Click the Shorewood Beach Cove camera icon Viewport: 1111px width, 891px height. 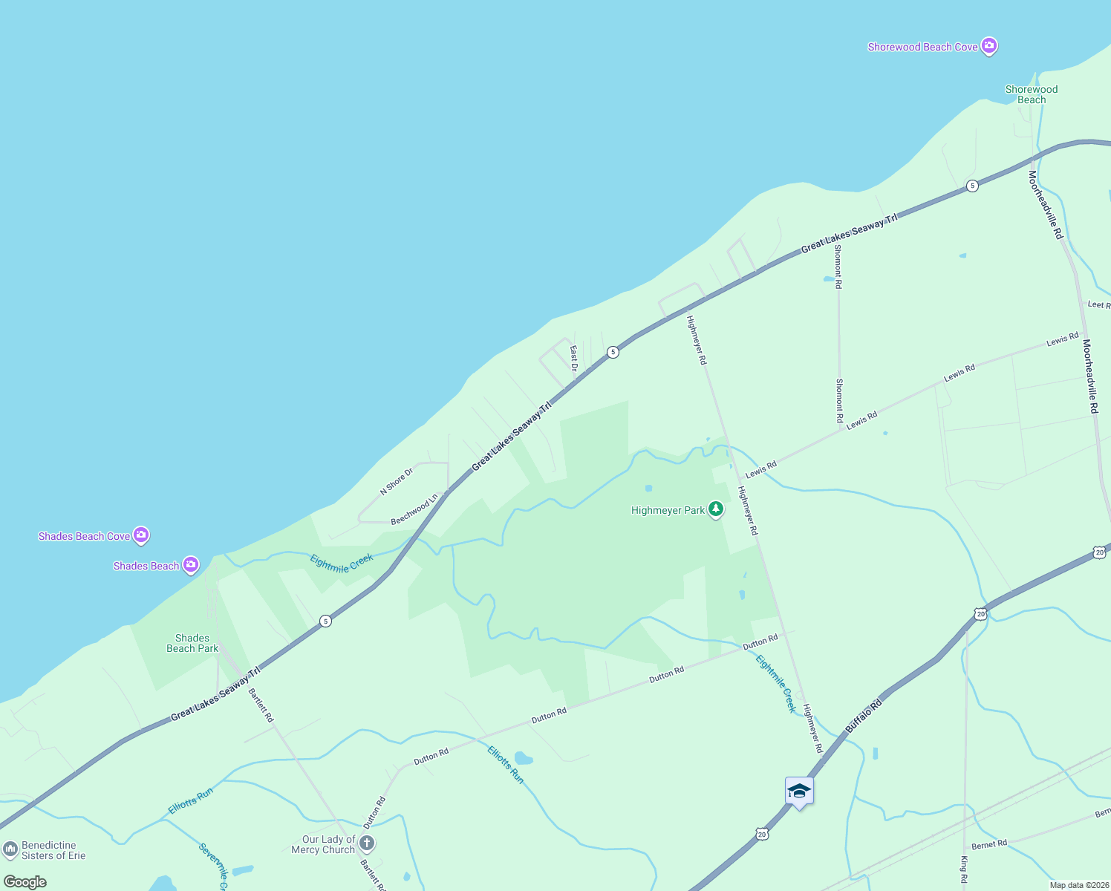pos(988,47)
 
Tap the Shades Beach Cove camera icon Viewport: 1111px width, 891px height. pos(141,535)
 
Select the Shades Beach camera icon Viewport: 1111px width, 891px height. pos(191,566)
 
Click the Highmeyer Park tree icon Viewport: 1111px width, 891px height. pos(715,509)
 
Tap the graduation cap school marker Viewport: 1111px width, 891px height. pos(799,791)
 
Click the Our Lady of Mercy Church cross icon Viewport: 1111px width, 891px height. pos(367,843)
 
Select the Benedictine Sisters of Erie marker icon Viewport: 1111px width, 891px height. pos(10,849)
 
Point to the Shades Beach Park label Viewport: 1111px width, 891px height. pos(192,643)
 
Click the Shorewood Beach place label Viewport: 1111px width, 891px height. pos(1031,94)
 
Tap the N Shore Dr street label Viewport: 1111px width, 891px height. pos(396,482)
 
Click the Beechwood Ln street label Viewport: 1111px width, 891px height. pos(414,510)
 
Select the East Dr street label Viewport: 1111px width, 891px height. pos(574,357)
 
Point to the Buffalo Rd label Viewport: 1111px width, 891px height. pos(864,716)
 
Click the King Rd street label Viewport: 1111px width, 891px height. pos(964,869)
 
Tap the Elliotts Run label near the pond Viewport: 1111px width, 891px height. pos(505,764)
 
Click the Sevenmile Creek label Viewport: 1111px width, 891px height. pos(214,865)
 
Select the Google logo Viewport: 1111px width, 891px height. pos(25,882)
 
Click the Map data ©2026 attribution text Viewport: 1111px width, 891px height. pos(1078,885)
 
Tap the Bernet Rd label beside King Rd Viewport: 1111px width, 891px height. pos(989,844)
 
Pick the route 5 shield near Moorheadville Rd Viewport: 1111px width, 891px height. pos(972,186)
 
